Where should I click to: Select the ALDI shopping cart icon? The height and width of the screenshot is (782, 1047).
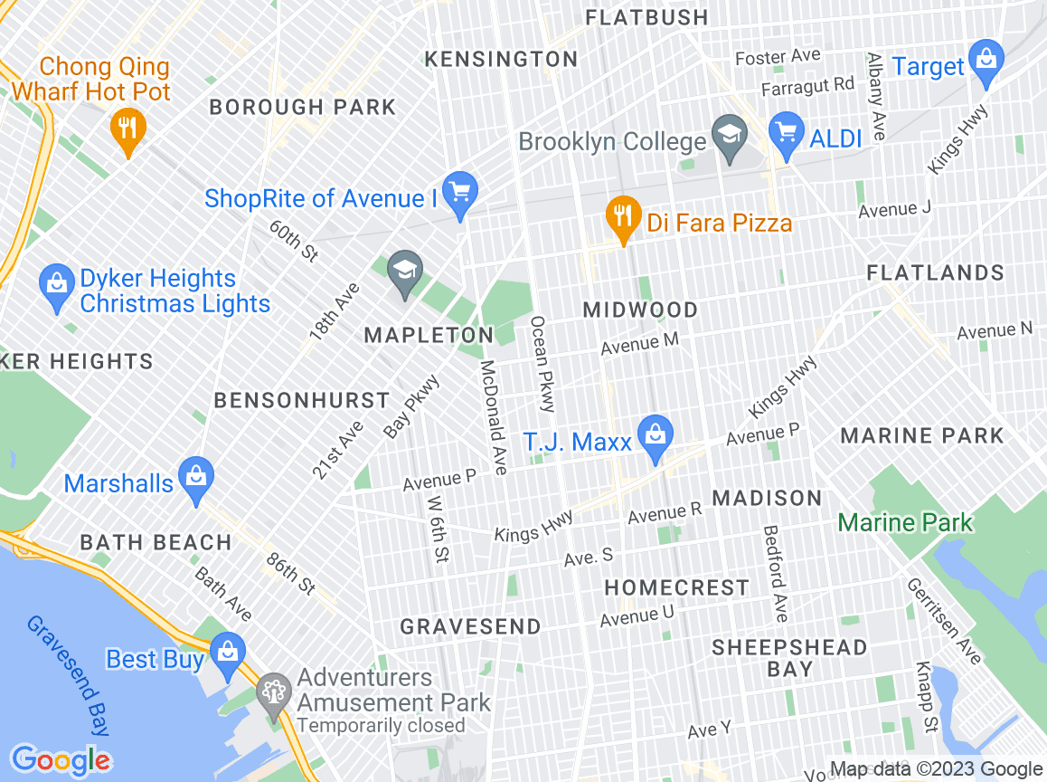[x=787, y=132]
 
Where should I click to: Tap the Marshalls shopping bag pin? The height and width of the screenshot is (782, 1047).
[x=195, y=478]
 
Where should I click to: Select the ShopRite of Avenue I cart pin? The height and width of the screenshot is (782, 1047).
[x=460, y=193]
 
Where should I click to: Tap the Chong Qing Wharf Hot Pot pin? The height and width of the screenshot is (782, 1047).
[x=127, y=129]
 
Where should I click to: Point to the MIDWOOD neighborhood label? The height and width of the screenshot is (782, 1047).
[x=640, y=310]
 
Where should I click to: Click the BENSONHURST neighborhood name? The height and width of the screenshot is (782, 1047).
[x=301, y=400]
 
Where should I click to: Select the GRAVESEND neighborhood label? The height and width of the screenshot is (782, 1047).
[x=470, y=626]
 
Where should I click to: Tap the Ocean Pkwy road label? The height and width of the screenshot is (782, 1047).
[x=542, y=364]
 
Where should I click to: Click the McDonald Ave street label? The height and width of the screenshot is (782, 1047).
[x=494, y=417]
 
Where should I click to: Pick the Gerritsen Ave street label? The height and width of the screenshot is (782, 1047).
[x=943, y=621]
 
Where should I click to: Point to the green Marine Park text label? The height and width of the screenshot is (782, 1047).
[x=905, y=522]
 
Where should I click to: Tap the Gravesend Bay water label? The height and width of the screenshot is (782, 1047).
[x=69, y=675]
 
